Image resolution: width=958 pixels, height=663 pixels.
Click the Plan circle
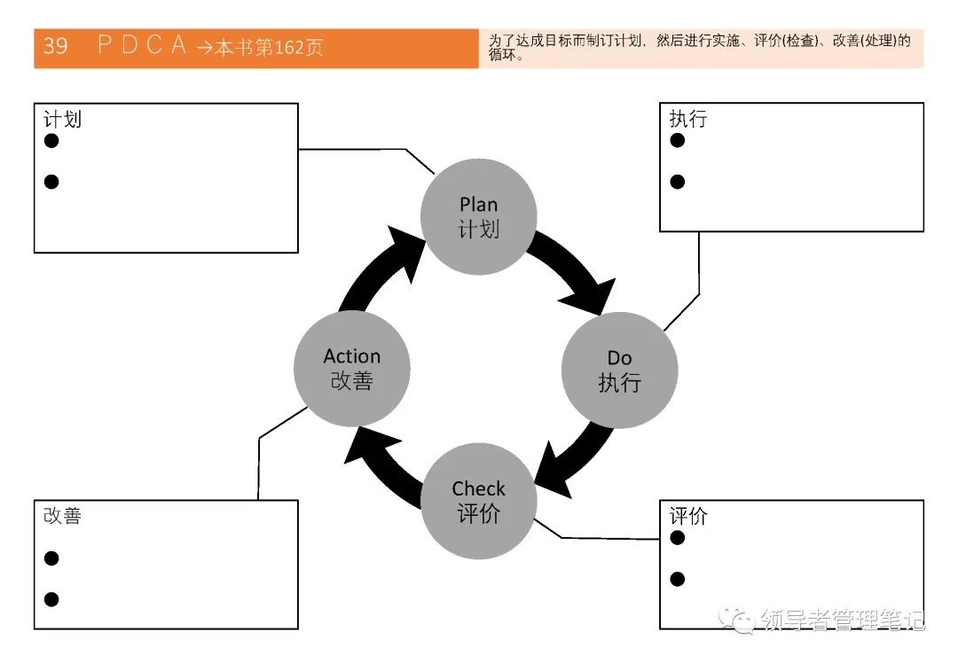(478, 216)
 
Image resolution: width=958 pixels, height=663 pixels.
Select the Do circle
(619, 370)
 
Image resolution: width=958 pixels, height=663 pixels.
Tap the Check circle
(478, 502)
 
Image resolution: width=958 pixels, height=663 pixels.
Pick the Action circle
(351, 369)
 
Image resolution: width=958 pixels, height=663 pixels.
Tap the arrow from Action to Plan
(381, 269)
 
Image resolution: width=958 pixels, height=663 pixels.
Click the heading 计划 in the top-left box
(63, 119)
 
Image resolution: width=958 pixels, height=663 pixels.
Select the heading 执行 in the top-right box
(688, 119)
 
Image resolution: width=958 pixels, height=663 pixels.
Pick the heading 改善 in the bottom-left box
(63, 516)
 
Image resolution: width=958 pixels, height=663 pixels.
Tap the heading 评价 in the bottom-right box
(688, 516)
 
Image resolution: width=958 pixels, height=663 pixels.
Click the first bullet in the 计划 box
(51, 141)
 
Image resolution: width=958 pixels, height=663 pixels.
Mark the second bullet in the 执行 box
(678, 182)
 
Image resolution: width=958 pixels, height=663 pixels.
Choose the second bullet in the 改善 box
(51, 599)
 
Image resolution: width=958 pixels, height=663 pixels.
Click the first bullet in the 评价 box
(678, 538)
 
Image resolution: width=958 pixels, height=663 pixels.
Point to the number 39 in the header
(56, 47)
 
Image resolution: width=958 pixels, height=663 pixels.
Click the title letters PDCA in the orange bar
(142, 46)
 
